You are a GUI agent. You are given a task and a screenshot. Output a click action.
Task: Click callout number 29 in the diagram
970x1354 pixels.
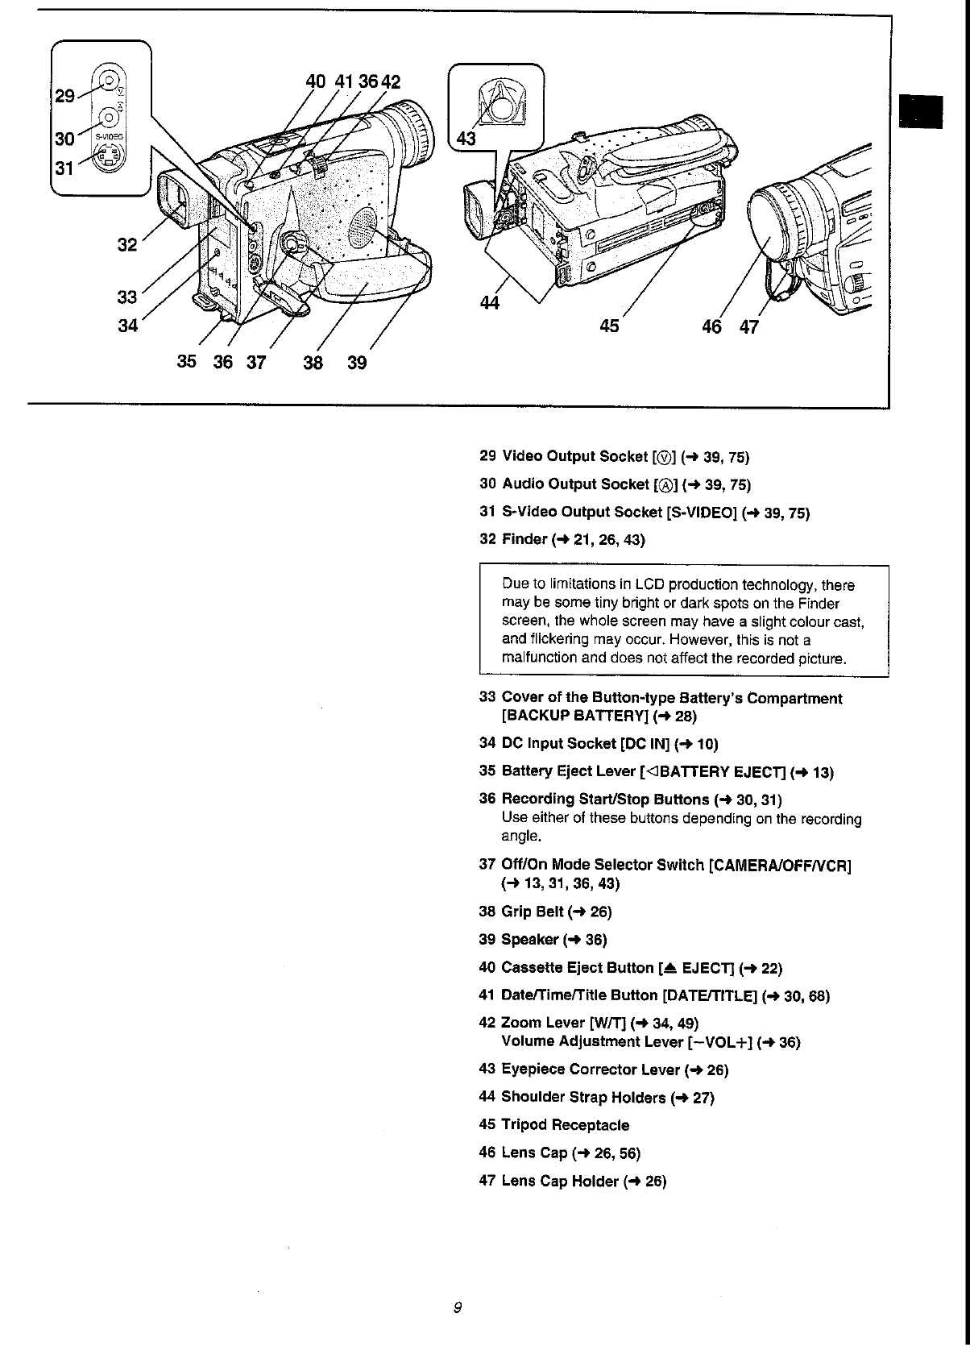[x=64, y=96]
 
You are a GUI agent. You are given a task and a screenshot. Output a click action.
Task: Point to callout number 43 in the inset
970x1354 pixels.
[x=466, y=139]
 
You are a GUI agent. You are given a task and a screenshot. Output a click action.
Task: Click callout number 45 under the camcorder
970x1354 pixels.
[x=610, y=326]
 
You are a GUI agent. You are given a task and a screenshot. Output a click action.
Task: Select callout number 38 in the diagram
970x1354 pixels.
[x=313, y=363]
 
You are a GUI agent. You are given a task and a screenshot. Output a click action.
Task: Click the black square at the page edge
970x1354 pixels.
[x=922, y=110]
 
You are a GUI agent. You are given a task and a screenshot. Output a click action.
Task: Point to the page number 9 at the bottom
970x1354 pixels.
[x=457, y=1307]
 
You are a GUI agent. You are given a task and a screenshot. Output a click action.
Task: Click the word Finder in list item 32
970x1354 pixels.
[x=524, y=539]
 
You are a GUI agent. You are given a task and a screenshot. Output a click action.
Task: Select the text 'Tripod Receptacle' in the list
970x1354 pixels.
[x=565, y=1124]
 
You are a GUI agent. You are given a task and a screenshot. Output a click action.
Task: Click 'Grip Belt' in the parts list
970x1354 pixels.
[x=532, y=912]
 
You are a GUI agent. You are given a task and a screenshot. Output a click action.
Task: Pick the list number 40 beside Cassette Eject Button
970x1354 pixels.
[x=487, y=967]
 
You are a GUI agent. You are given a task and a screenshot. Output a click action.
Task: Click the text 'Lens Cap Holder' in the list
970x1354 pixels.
[x=560, y=1181]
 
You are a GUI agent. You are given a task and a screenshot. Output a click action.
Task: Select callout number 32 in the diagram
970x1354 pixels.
[x=127, y=244]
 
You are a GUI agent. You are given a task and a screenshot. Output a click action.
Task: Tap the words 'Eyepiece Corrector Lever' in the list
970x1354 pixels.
[x=591, y=1069]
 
